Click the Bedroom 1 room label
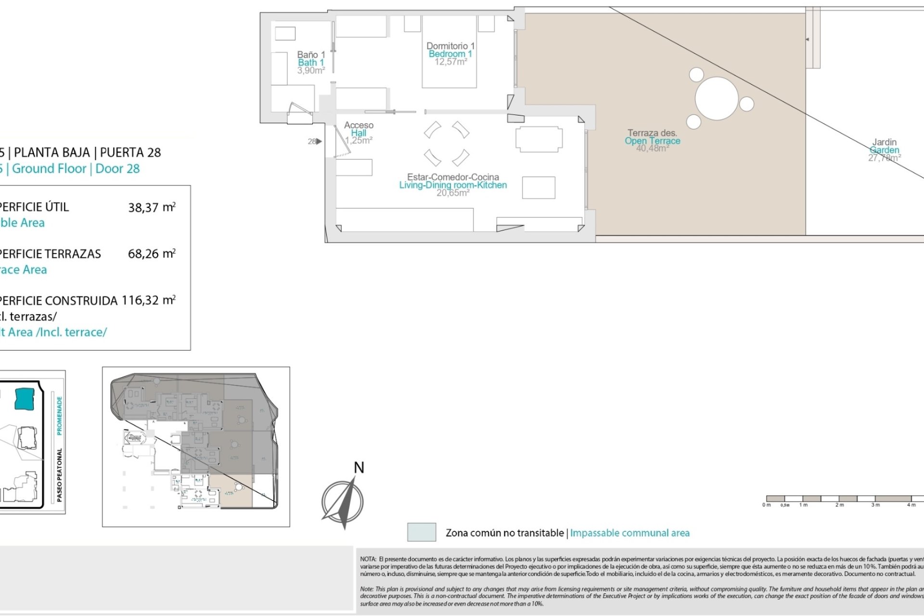click(450, 54)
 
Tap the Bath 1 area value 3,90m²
click(311, 71)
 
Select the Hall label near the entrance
click(359, 133)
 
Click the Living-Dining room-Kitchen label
click(453, 185)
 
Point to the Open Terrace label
click(652, 141)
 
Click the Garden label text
click(884, 150)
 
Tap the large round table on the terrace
click(717, 99)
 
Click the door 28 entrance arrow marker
click(319, 141)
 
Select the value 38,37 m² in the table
click(151, 207)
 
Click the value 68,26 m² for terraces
click(151, 254)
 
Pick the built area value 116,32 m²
click(148, 300)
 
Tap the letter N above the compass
click(359, 468)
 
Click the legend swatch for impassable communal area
click(422, 532)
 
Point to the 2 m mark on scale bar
click(839, 505)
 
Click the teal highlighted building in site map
click(25, 399)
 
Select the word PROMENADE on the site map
click(60, 416)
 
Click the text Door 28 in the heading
click(117, 169)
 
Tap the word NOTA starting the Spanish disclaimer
click(368, 559)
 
